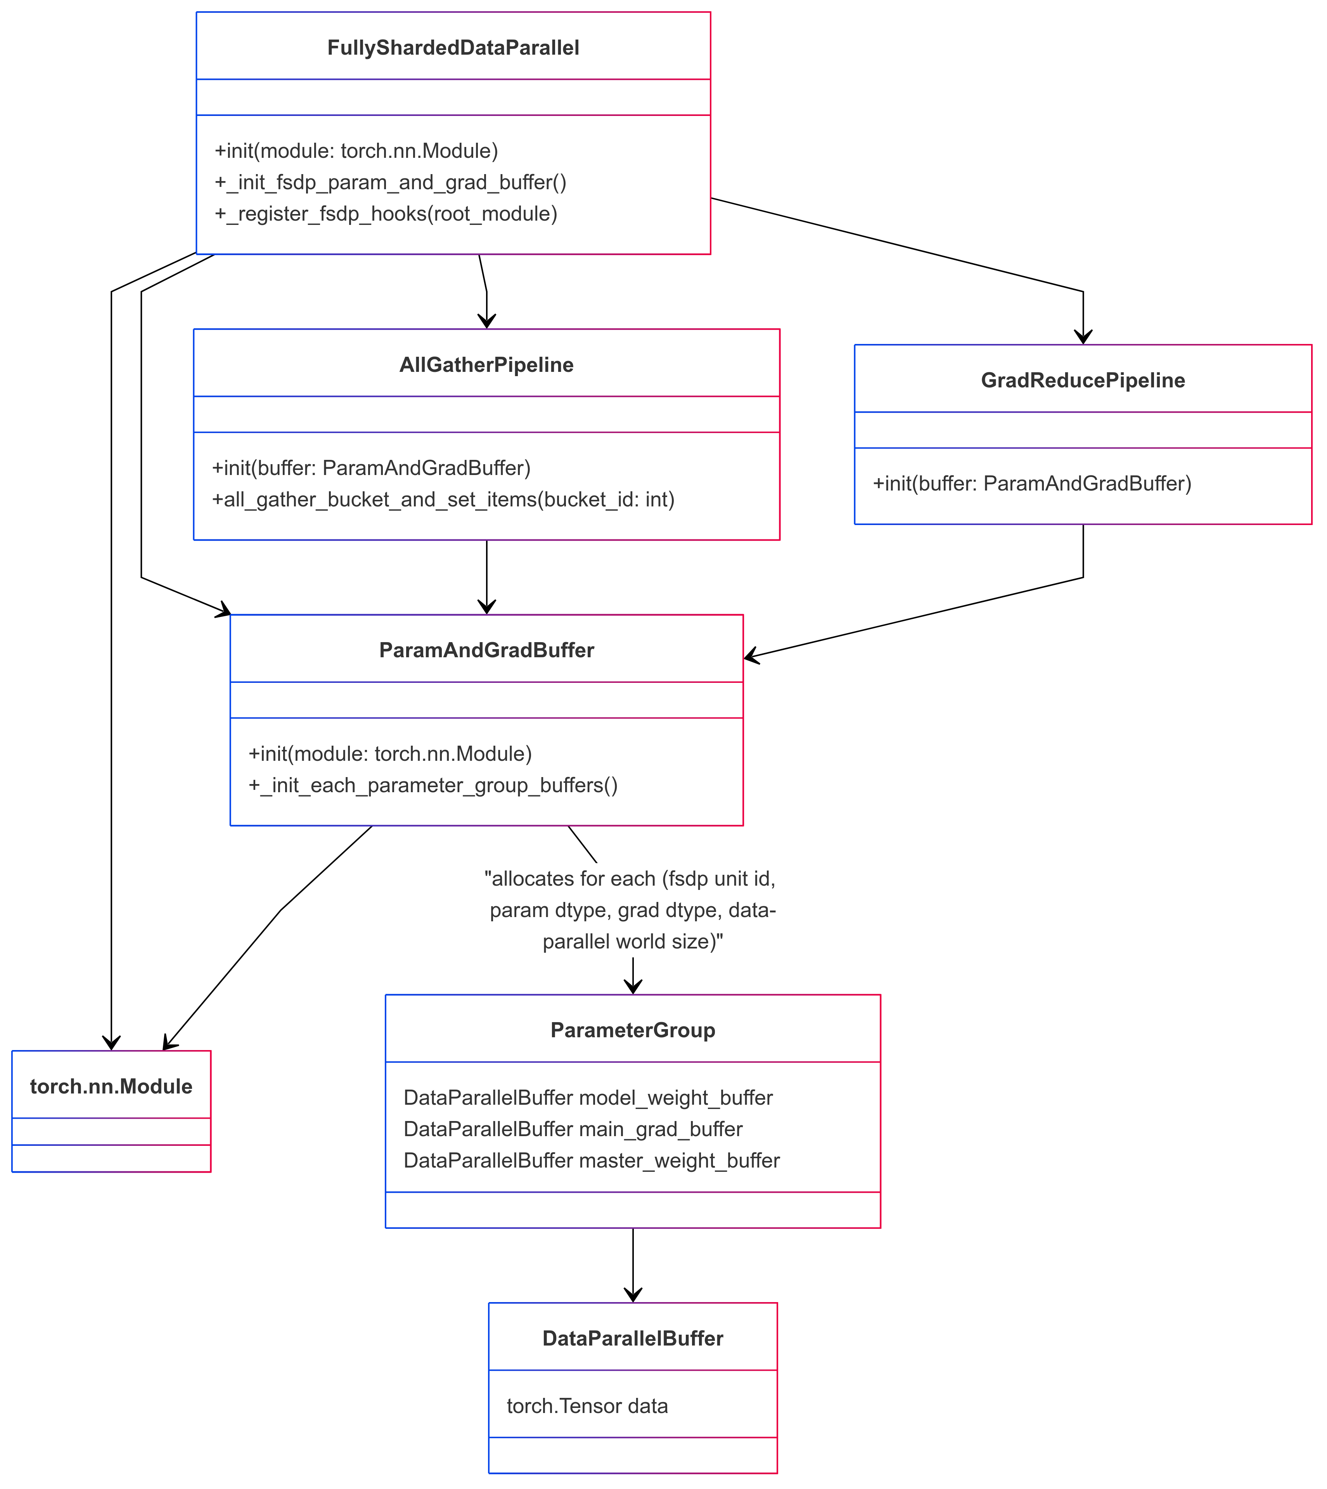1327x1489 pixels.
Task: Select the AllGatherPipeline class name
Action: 486,365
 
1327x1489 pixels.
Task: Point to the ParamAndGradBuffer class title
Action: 486,650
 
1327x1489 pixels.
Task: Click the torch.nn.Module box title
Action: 111,1087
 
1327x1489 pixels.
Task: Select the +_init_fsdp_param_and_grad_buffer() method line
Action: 390,182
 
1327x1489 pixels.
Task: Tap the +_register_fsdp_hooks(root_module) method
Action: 386,214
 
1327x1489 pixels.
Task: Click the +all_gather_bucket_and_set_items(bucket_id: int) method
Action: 443,499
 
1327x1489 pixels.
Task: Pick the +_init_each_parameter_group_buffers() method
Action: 433,785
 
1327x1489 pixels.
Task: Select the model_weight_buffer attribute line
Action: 588,1098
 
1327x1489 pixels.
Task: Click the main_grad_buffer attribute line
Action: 573,1129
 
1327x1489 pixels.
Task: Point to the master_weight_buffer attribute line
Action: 591,1160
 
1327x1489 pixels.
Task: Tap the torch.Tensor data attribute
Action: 587,1406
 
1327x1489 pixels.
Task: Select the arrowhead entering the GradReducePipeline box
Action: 1083,336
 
